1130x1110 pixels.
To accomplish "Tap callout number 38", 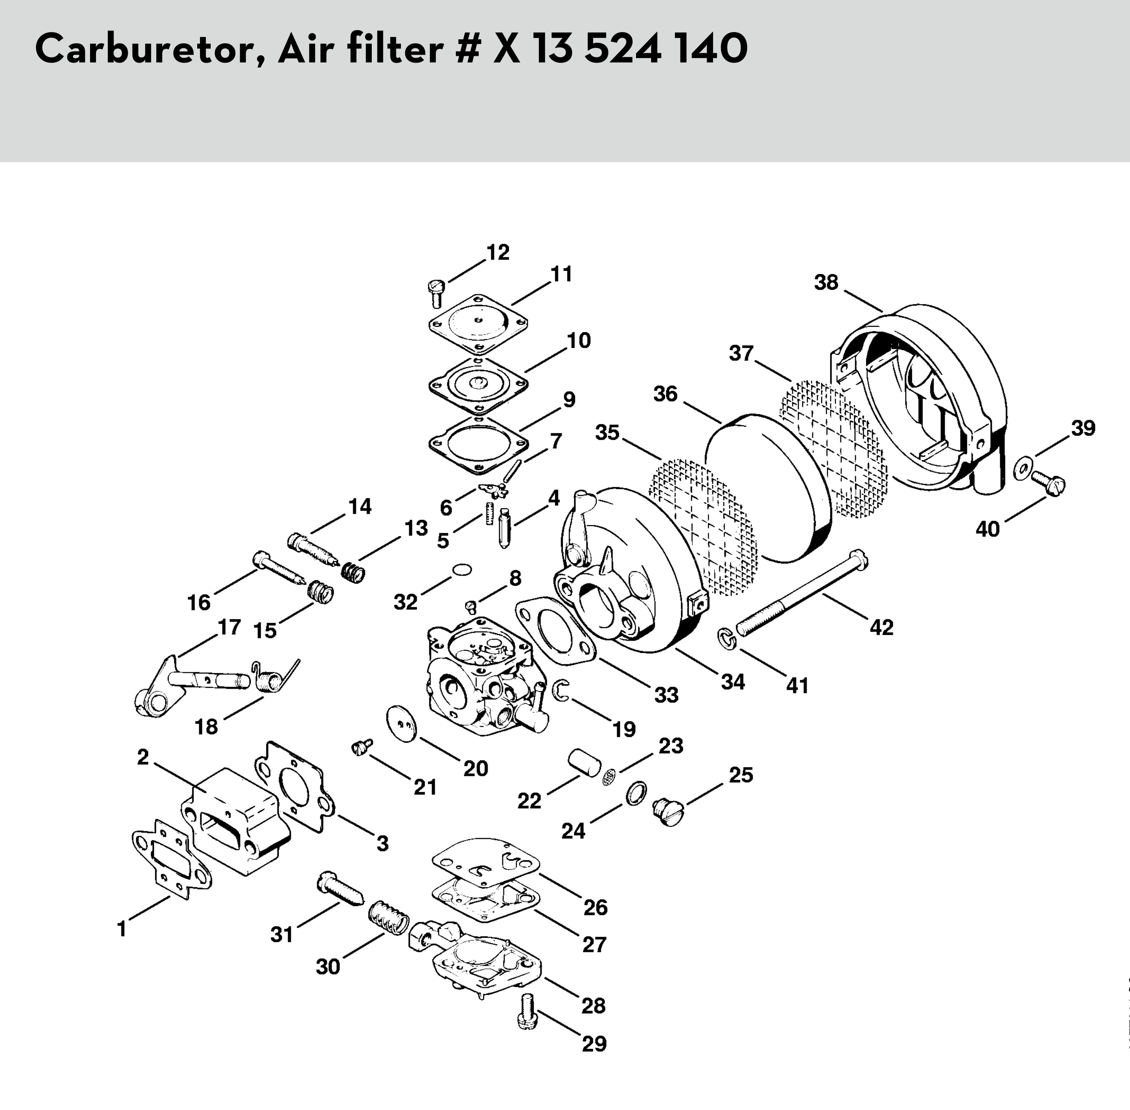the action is tap(826, 282).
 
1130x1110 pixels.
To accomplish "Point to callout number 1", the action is tap(122, 929).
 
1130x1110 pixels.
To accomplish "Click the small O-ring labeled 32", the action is tap(461, 569).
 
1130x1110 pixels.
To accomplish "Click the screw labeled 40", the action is tap(1048, 483).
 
